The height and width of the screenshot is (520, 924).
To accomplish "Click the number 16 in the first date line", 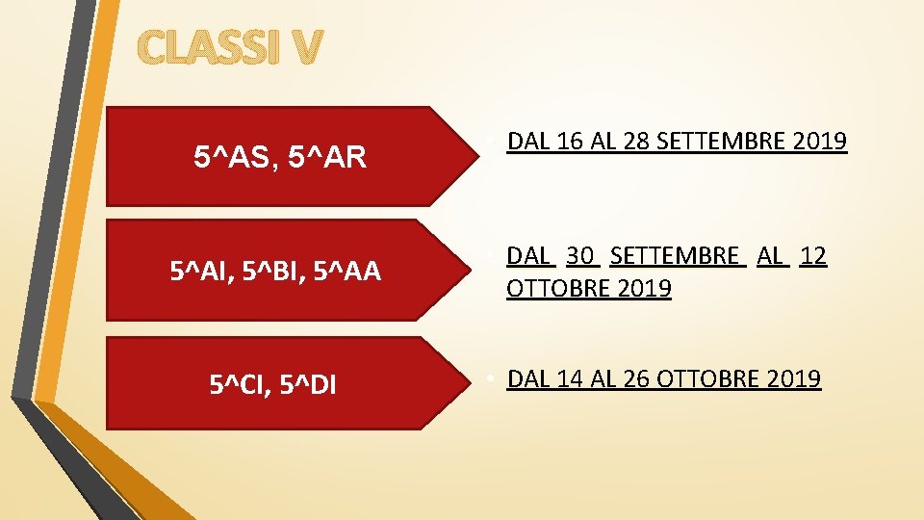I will (x=569, y=143).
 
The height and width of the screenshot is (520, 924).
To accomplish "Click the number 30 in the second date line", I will (x=579, y=256).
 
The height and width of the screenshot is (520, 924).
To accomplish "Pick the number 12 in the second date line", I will (x=813, y=256).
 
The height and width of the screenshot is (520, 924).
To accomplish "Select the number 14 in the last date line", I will (x=569, y=379).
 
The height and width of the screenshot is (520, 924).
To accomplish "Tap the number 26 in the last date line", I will (x=636, y=379).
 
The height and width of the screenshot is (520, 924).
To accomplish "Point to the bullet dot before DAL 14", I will (x=491, y=377).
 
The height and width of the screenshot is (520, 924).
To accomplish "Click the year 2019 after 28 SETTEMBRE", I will (x=821, y=143).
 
